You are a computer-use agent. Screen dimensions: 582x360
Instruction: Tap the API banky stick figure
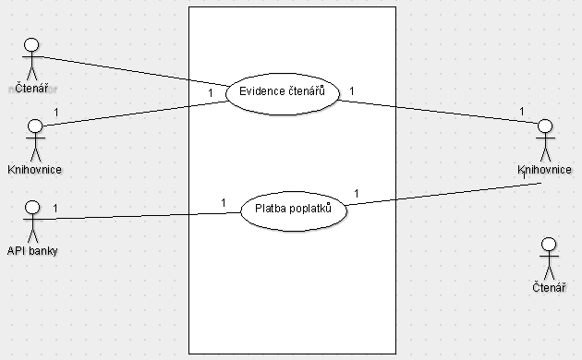click(34, 221)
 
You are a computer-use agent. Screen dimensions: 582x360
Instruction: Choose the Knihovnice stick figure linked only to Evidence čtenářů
click(35, 138)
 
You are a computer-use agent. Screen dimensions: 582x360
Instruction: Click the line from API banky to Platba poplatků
click(139, 216)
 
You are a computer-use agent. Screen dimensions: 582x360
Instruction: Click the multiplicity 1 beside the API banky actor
click(55, 208)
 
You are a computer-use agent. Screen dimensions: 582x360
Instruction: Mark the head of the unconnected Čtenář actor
click(548, 244)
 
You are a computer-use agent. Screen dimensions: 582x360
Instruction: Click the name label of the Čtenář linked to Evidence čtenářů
click(32, 89)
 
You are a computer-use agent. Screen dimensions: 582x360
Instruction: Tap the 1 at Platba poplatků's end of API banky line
click(224, 201)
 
